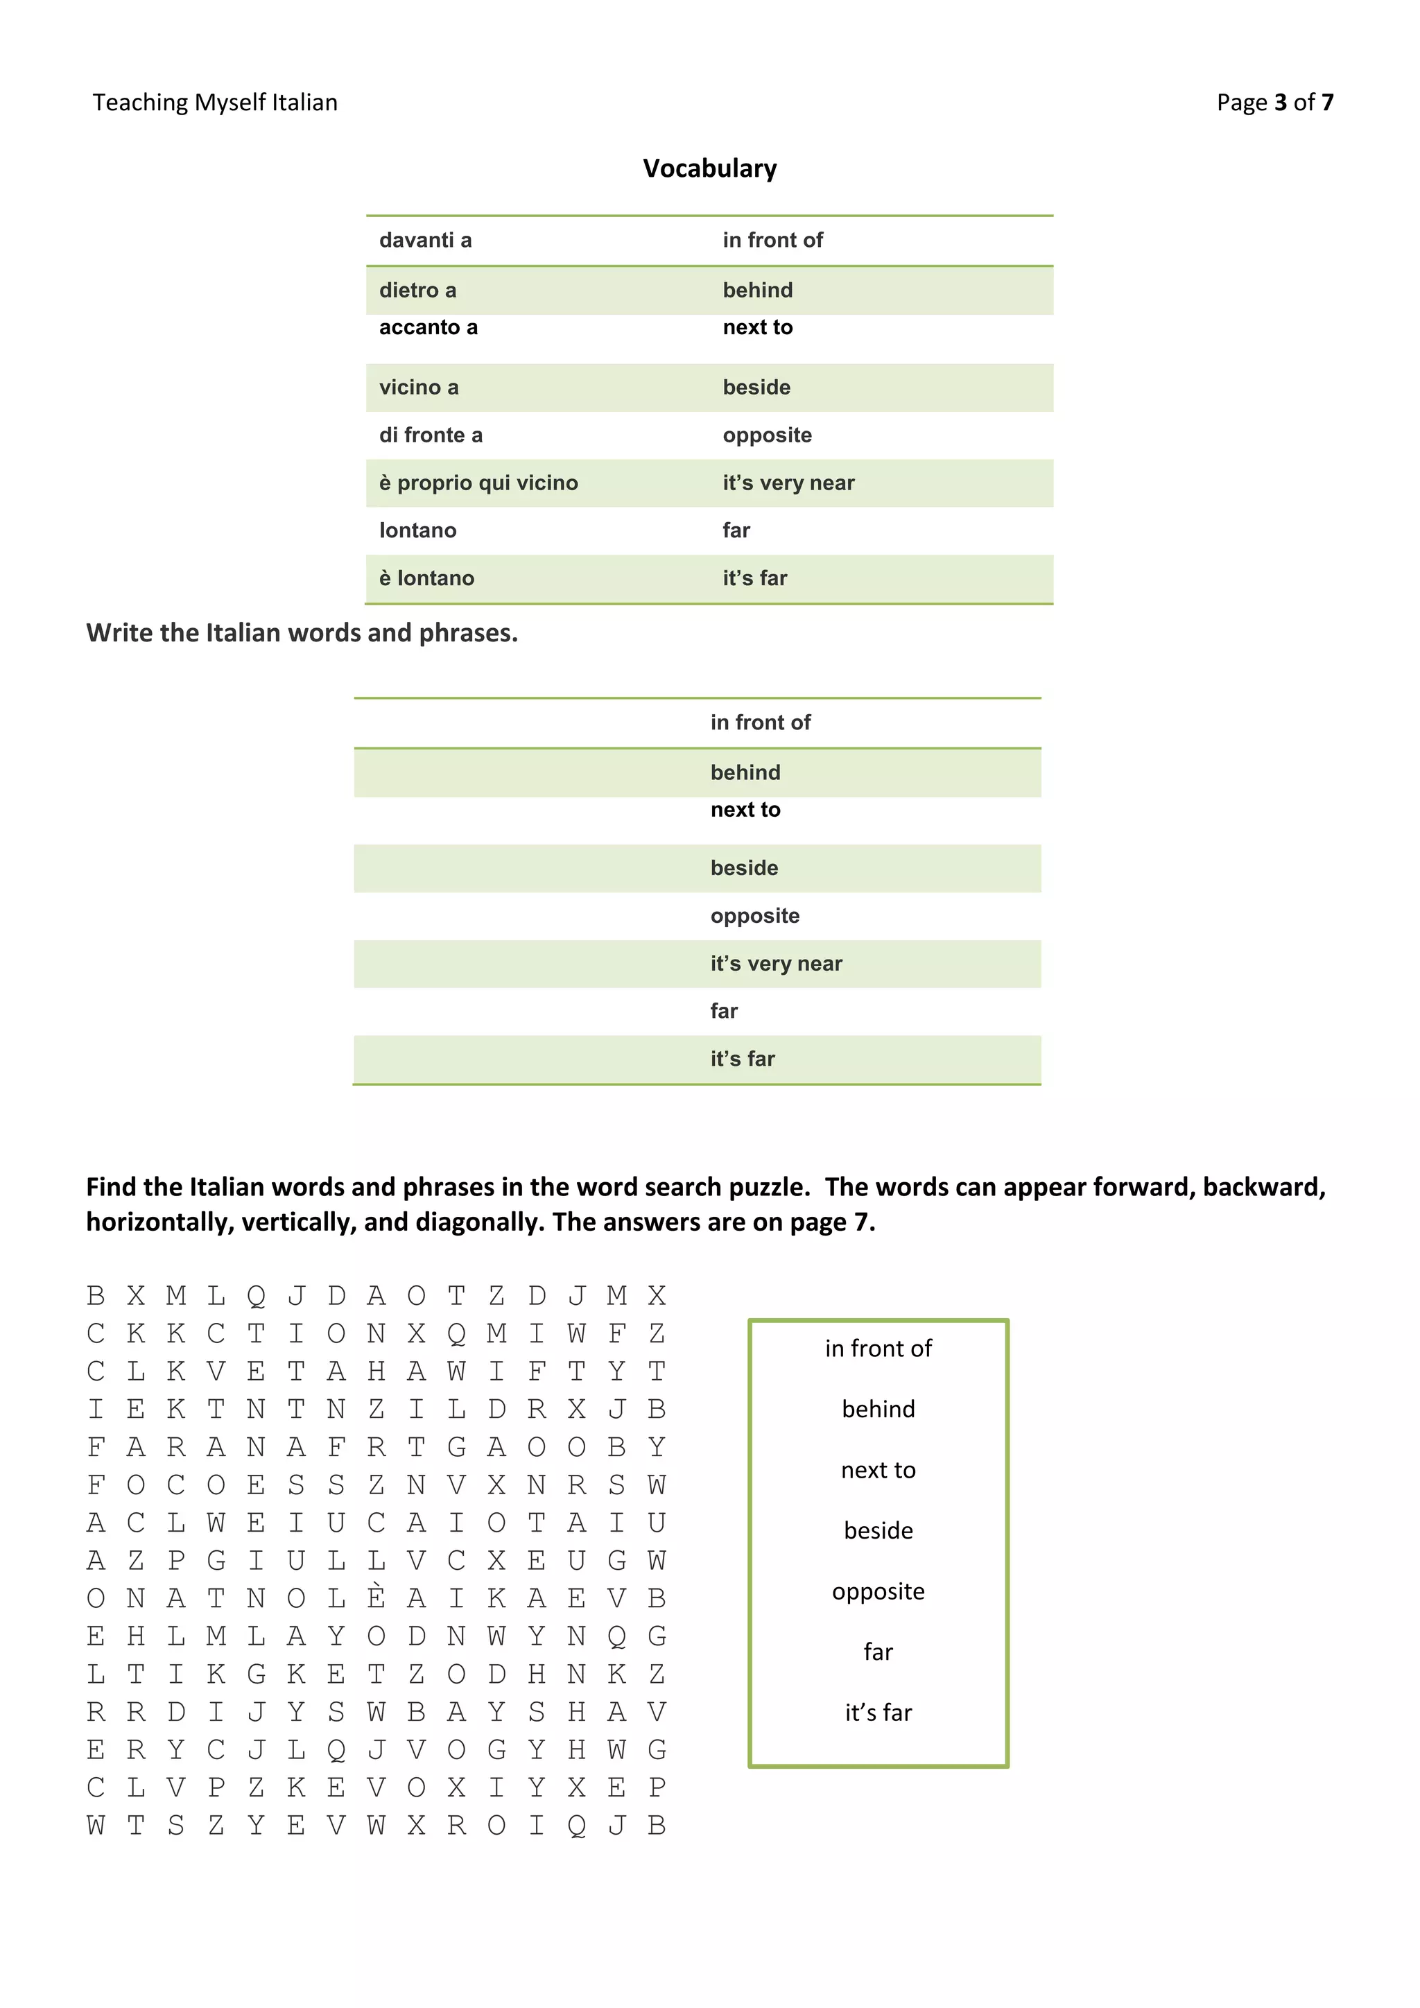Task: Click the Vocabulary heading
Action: [709, 168]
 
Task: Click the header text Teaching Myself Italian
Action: [215, 103]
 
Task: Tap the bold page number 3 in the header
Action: [1280, 103]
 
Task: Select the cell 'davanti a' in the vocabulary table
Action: [425, 241]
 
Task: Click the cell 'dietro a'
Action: [417, 291]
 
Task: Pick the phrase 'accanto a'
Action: [428, 327]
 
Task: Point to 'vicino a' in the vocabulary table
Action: [418, 388]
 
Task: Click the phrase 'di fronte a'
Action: [430, 435]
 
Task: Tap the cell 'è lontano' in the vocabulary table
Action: [426, 578]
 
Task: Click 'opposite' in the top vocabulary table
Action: [767, 435]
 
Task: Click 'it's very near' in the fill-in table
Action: [776, 964]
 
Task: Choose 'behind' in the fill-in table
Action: [745, 773]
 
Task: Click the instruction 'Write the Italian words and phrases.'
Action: [302, 632]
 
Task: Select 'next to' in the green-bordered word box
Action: [878, 1470]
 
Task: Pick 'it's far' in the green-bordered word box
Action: [878, 1713]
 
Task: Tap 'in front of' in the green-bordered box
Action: [878, 1349]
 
